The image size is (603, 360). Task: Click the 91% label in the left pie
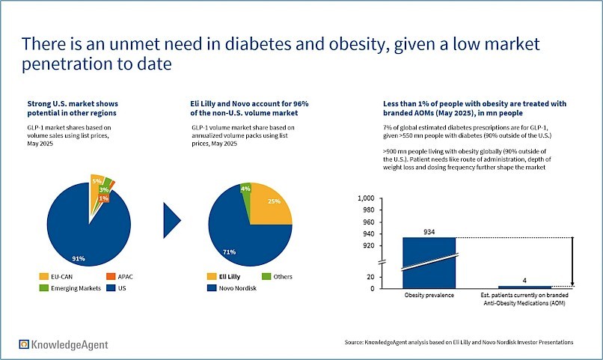point(79,259)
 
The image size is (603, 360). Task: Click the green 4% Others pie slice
point(245,189)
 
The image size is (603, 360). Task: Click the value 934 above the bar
point(429,231)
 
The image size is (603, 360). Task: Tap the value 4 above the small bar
point(524,281)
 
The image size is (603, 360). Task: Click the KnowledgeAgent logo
point(64,344)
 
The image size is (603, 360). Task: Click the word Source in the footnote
point(356,343)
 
